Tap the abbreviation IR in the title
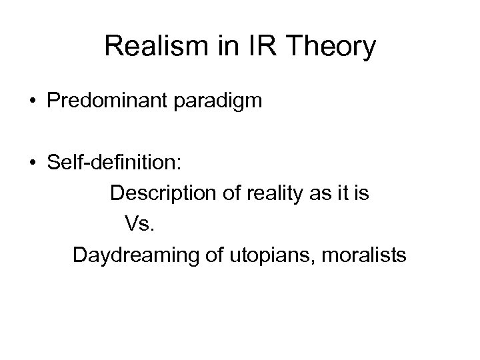click(x=249, y=47)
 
